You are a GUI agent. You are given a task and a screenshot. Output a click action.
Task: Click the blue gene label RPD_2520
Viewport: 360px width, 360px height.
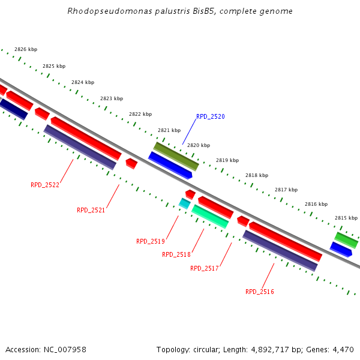[210, 116]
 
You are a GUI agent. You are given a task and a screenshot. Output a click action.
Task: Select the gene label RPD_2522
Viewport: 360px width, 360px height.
[45, 185]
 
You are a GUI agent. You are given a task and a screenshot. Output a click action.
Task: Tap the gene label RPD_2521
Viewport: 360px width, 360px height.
[91, 210]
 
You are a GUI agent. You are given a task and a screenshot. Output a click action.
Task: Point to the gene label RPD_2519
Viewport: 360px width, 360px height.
[150, 241]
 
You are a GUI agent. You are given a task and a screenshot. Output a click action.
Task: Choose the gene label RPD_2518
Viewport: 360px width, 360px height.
[176, 254]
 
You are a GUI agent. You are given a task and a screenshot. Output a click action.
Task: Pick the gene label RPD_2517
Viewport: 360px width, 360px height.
[204, 268]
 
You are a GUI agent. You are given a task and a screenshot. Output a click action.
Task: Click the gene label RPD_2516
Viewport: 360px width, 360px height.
[259, 292]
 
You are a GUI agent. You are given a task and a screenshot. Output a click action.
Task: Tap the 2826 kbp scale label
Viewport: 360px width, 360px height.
[26, 50]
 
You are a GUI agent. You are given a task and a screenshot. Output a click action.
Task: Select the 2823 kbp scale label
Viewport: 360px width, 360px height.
[112, 98]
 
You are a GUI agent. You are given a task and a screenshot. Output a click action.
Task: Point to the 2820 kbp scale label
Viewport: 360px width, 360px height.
[199, 145]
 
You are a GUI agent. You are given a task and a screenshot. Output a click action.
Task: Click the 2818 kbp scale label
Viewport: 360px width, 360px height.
[256, 175]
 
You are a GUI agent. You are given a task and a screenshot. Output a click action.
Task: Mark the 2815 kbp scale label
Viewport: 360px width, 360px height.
[346, 218]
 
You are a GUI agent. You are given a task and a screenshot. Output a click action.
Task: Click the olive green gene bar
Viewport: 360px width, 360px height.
[176, 156]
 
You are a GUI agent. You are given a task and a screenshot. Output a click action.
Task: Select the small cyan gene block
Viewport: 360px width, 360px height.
[185, 204]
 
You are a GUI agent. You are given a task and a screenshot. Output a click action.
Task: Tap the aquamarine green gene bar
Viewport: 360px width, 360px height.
[210, 216]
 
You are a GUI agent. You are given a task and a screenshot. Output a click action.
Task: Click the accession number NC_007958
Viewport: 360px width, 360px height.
[64, 349]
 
